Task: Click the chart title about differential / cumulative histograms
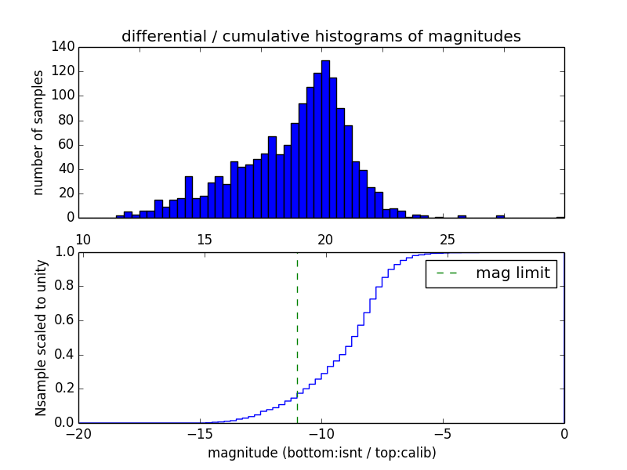click(x=321, y=37)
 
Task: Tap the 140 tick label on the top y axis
click(x=65, y=47)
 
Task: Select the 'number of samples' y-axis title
click(x=38, y=132)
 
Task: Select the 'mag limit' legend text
click(x=513, y=273)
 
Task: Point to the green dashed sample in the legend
click(x=447, y=273)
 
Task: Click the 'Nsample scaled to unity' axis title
click(x=41, y=338)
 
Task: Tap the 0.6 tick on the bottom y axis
click(x=64, y=320)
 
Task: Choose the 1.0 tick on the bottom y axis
click(x=64, y=251)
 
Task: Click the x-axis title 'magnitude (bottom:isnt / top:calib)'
click(x=321, y=453)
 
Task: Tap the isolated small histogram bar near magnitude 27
click(x=500, y=215)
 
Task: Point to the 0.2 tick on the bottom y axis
click(x=64, y=389)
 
